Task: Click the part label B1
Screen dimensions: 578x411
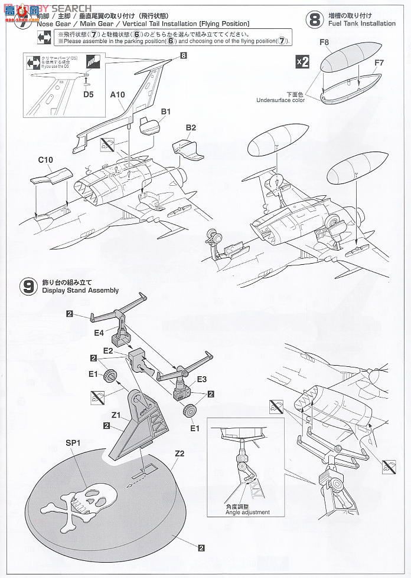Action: [165, 111]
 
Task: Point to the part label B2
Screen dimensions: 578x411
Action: [191, 127]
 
